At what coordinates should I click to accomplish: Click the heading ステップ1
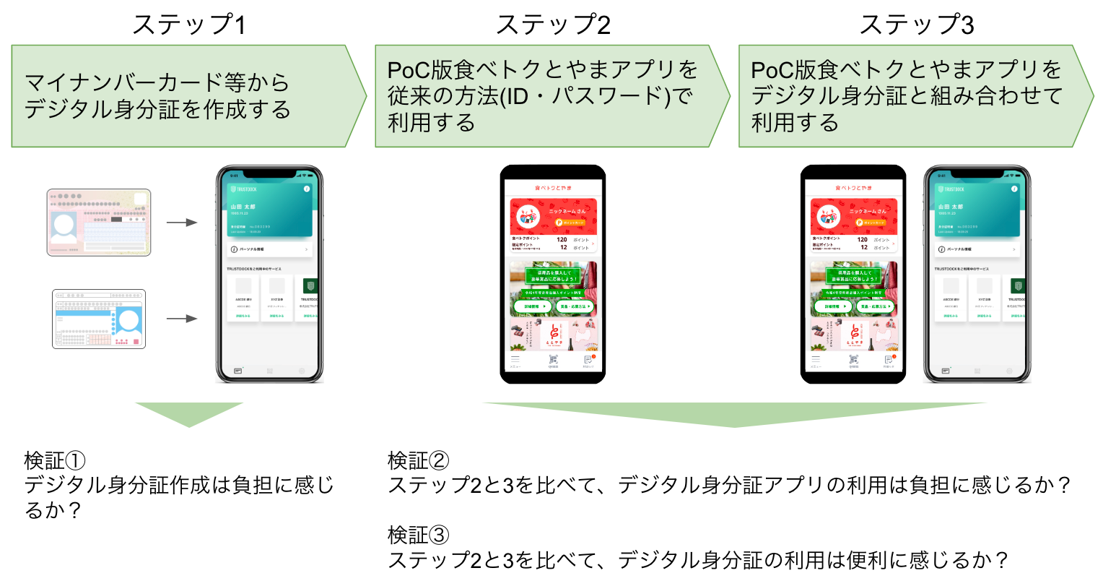[188, 25]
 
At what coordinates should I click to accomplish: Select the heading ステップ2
[553, 25]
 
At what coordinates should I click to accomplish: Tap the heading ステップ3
[916, 25]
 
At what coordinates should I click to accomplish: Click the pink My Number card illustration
[99, 223]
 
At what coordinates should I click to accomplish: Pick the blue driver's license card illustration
[99, 319]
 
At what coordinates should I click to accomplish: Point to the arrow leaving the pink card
[182, 223]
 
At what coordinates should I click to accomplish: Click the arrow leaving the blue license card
[182, 319]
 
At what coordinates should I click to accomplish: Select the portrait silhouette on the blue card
[130, 320]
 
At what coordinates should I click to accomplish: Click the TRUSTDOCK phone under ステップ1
[269, 275]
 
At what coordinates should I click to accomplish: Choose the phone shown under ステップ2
[553, 275]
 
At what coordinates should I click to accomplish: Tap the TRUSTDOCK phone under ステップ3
[977, 275]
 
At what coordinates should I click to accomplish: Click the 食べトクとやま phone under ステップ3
[853, 275]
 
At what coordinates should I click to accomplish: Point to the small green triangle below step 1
[189, 414]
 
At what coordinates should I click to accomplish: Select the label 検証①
[55, 460]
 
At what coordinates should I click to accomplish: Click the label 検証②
[419, 460]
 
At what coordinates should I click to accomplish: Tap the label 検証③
[419, 535]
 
